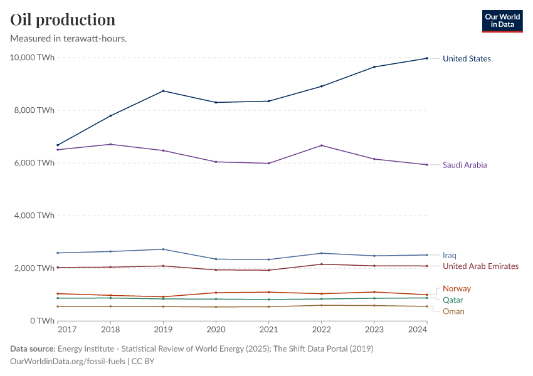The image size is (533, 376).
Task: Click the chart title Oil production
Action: click(x=63, y=19)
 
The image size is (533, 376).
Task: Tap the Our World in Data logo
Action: click(x=502, y=21)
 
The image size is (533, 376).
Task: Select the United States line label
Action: click(x=467, y=59)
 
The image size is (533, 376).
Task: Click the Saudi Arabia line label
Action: click(x=465, y=165)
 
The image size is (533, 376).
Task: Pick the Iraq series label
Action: click(x=450, y=256)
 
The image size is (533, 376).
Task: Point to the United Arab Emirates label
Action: click(x=480, y=266)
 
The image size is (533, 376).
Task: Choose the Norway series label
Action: click(x=456, y=289)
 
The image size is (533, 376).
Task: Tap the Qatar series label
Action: click(x=453, y=300)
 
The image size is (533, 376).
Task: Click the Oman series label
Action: click(x=453, y=311)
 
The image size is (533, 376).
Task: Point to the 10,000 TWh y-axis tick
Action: click(x=32, y=58)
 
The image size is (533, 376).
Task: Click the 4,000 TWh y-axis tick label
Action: click(x=34, y=216)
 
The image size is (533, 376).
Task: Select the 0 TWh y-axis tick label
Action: click(x=41, y=321)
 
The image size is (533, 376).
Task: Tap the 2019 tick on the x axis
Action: click(x=163, y=329)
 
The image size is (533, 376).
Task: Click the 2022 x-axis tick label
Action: click(x=321, y=329)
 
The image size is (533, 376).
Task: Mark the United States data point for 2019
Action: click(x=163, y=91)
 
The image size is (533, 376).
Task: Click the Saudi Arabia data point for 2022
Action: click(x=321, y=145)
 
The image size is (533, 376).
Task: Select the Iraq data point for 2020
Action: click(x=216, y=259)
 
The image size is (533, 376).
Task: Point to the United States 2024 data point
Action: click(x=426, y=58)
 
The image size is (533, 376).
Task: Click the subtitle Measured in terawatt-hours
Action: click(x=69, y=39)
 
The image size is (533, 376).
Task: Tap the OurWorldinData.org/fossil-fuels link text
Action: click(x=68, y=362)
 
